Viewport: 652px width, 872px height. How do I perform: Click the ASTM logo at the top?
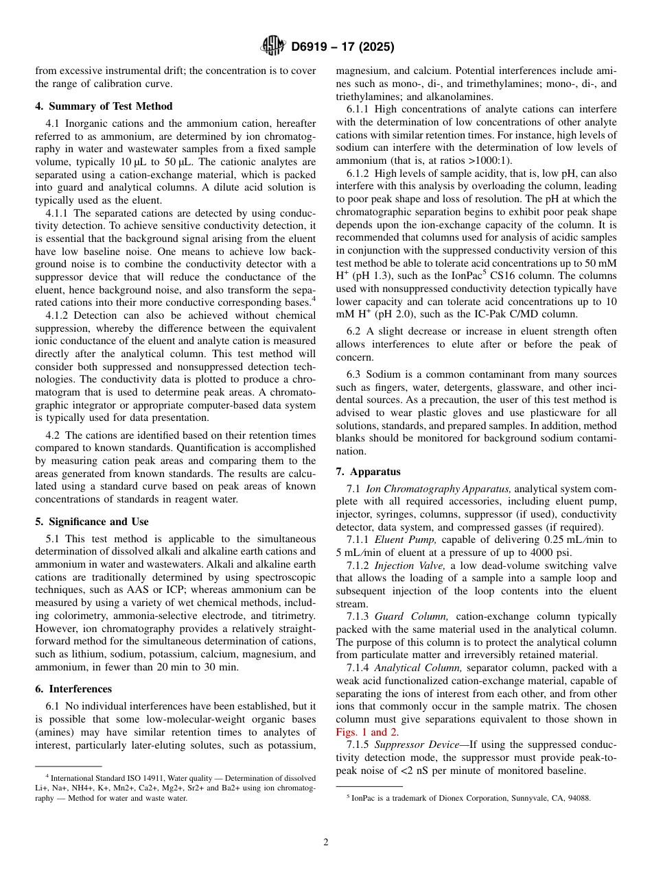click(x=273, y=47)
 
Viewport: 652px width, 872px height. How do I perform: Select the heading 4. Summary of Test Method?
click(x=104, y=106)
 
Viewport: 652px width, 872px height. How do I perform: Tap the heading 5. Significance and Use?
click(x=92, y=522)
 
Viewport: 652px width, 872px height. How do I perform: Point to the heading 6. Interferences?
click(x=73, y=689)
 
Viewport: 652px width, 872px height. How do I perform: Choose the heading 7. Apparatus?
click(x=369, y=472)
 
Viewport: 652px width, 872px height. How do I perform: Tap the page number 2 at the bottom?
click(x=326, y=842)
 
